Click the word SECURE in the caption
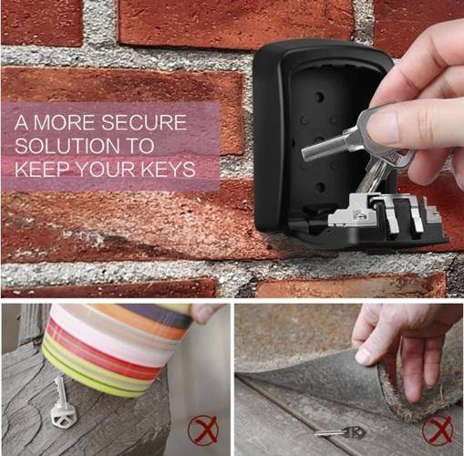click(x=144, y=122)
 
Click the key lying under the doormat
click(x=339, y=431)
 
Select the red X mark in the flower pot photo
click(x=203, y=430)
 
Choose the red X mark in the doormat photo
click(x=438, y=430)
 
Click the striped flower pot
click(x=116, y=349)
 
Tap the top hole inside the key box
click(x=319, y=98)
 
